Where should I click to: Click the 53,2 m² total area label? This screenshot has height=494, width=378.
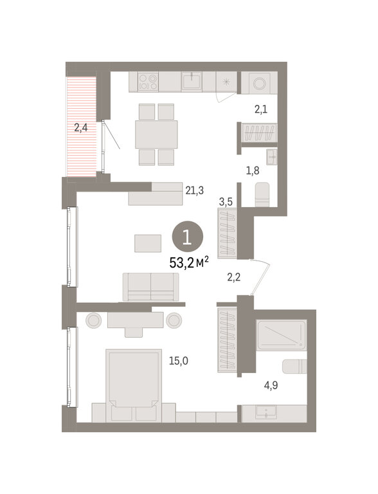[x=189, y=262]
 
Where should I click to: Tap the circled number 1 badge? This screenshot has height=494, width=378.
[x=188, y=237]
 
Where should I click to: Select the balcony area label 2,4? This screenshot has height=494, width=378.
[x=80, y=128]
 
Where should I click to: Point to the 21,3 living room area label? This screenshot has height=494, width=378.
[x=194, y=190]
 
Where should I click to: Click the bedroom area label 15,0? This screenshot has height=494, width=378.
[x=179, y=361]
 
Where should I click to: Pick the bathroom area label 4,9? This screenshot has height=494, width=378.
[x=271, y=385]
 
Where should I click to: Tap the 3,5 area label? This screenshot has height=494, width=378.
[x=226, y=201]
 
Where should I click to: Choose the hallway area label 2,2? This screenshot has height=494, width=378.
[x=234, y=277]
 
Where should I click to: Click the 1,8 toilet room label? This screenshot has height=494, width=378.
[x=253, y=170]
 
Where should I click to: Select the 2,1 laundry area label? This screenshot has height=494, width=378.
[x=261, y=109]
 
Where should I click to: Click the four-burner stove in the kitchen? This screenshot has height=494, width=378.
[x=148, y=82]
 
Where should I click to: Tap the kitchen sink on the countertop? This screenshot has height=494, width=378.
[x=192, y=81]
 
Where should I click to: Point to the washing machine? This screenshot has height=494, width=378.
[x=259, y=83]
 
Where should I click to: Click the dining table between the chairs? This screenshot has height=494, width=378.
[x=156, y=134]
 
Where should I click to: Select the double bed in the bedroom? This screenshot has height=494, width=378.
[x=134, y=385]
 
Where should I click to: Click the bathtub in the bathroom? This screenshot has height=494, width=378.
[x=282, y=335]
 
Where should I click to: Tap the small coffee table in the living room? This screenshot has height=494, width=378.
[x=148, y=243]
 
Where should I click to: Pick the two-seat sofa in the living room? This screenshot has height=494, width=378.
[x=150, y=287]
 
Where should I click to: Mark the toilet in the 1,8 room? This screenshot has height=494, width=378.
[x=262, y=195]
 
